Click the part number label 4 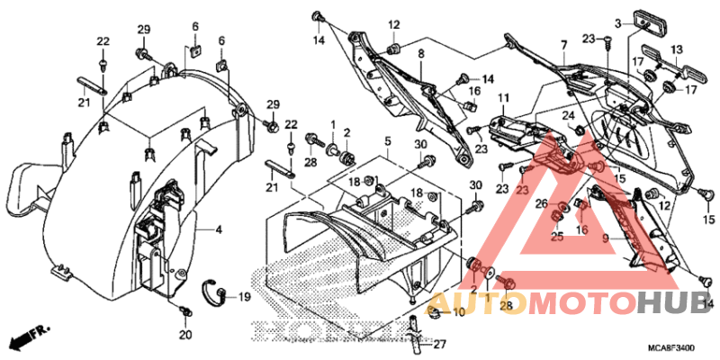(x=219, y=229)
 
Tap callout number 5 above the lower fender (x=386, y=142)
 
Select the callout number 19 (x=244, y=296)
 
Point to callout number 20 (x=185, y=336)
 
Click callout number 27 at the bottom (x=440, y=344)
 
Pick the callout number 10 (x=459, y=312)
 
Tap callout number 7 (x=563, y=44)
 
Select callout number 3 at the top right (x=618, y=22)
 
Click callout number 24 (x=568, y=116)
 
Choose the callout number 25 (x=557, y=236)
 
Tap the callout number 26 (x=540, y=204)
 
